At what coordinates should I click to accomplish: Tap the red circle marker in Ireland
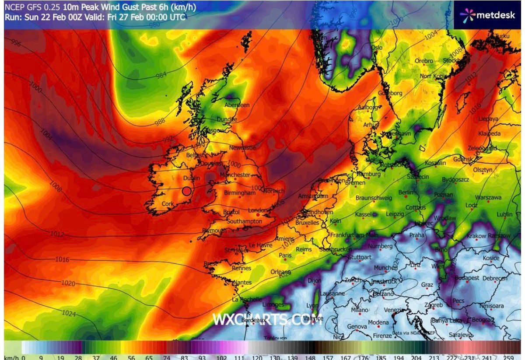tap(187, 191)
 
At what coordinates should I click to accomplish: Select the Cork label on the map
tap(168, 204)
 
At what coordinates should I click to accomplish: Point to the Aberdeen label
tap(237, 105)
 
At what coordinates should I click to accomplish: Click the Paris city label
tap(285, 255)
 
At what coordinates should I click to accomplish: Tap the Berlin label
tap(406, 192)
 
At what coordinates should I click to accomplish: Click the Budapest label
tap(467, 278)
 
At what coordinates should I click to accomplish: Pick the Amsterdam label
tap(312, 196)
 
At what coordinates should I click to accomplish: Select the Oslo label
tap(377, 48)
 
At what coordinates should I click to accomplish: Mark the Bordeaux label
tap(254, 321)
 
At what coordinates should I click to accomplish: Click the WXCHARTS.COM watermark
tap(267, 320)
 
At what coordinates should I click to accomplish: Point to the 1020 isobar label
tap(68, 284)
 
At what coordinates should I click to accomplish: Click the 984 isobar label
tap(161, 75)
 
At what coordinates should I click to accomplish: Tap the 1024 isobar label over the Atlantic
tap(69, 314)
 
